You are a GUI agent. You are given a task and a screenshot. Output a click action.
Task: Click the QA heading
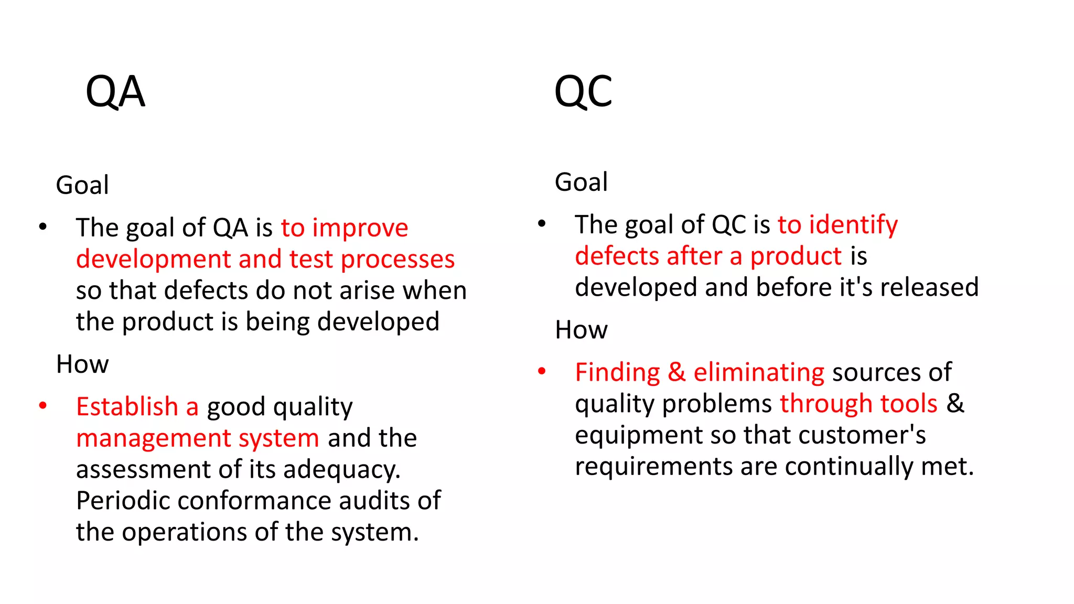[115, 92]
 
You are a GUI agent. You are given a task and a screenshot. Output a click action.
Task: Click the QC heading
[583, 92]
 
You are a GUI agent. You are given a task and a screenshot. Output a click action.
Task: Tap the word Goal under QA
[82, 185]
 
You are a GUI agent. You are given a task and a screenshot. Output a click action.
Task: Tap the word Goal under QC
[581, 182]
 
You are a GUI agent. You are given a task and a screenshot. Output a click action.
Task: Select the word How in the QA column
[82, 364]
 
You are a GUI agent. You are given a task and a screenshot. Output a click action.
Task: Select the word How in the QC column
[581, 330]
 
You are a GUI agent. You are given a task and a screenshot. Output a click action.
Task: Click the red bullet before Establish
[43, 405]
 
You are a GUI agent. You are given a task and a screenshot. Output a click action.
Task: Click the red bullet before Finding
[542, 371]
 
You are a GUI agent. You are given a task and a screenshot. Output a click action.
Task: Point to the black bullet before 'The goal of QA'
[43, 226]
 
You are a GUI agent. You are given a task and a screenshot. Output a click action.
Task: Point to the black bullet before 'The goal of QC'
[542, 223]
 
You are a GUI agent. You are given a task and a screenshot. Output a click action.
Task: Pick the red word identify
[853, 225]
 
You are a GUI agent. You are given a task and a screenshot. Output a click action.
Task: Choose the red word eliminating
[759, 372]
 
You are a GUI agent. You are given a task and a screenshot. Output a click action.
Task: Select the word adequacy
[342, 470]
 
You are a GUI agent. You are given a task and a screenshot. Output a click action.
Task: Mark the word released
[929, 287]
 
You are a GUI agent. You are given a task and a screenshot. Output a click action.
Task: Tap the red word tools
[909, 404]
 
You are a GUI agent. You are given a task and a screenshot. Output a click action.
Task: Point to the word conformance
[254, 501]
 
